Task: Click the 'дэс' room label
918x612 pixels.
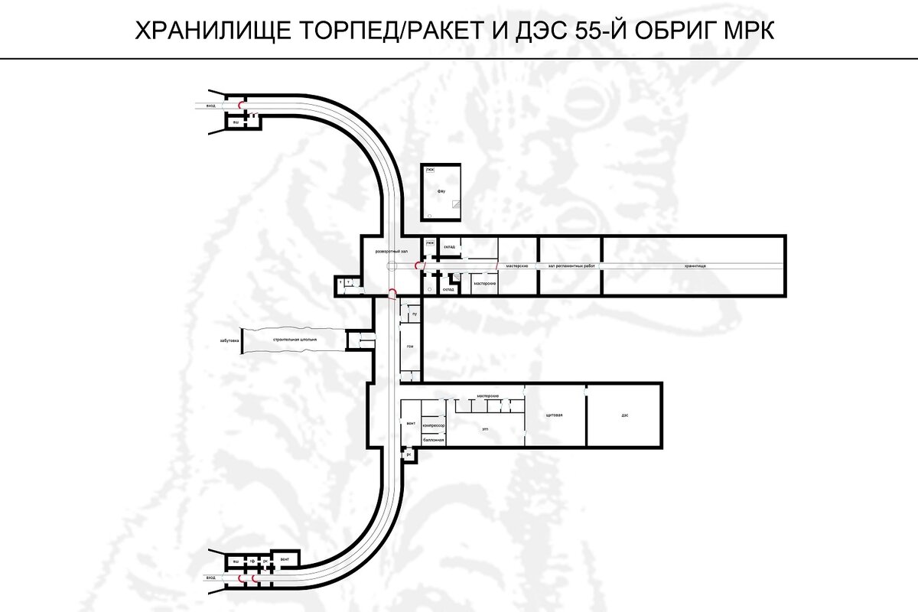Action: [624, 415]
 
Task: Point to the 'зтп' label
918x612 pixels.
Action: [485, 430]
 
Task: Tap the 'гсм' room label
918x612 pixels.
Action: [410, 346]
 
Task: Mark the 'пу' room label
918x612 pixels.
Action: [413, 314]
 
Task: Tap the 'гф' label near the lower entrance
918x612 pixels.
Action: [251, 562]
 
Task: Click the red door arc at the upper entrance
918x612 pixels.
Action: [243, 103]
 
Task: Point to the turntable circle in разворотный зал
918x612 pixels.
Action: [392, 265]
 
